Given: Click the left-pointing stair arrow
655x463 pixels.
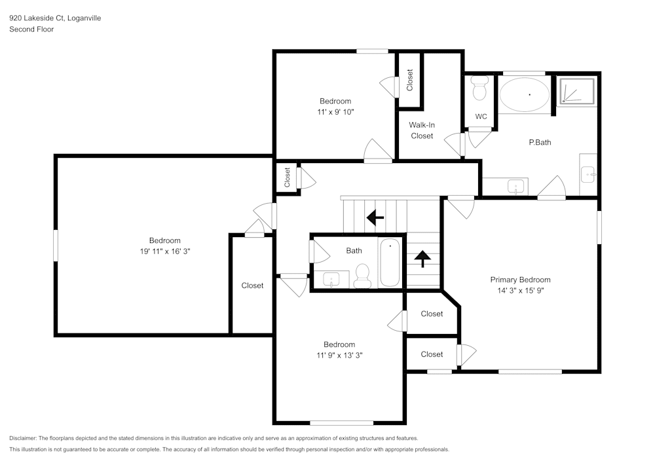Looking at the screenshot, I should [x=375, y=217].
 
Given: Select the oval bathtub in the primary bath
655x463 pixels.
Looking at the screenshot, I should [x=525, y=94].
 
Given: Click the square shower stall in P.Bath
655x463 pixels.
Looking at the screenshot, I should [x=577, y=91].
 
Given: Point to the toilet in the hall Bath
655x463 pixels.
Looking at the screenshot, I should [x=362, y=276].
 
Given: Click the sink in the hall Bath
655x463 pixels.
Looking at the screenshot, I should [x=331, y=280].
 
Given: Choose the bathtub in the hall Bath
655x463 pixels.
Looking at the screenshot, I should [x=390, y=263].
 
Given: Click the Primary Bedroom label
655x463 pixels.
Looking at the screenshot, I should [x=520, y=280].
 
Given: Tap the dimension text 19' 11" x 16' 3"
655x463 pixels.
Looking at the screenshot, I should [x=164, y=251].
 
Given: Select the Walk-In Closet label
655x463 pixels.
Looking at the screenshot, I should [x=422, y=130].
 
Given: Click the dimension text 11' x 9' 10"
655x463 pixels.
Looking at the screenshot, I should [x=335, y=112].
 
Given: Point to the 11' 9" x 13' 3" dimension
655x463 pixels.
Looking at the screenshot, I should [x=339, y=356].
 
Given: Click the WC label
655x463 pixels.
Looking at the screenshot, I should [x=481, y=117].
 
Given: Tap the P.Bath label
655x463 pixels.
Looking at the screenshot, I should [x=540, y=142].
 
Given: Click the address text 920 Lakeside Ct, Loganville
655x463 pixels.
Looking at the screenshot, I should [x=55, y=18].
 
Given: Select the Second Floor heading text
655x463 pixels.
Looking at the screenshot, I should [x=31, y=29].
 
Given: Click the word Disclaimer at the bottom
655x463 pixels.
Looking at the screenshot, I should [x=23, y=438].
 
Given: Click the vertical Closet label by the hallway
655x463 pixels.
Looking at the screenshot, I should [x=287, y=177].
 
